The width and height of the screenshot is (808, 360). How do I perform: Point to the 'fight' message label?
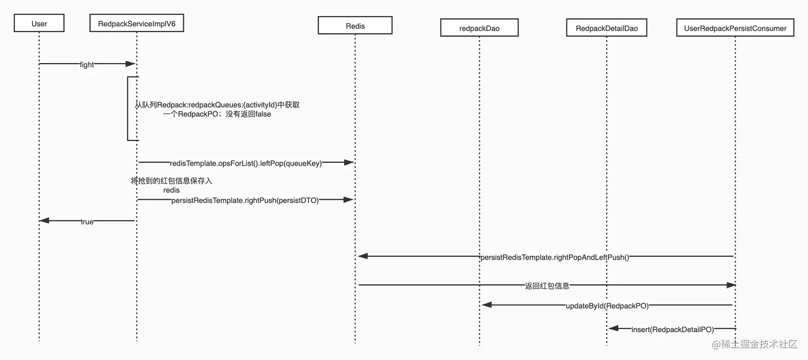tap(87, 65)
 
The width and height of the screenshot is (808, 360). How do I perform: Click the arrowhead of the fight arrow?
tap(130, 64)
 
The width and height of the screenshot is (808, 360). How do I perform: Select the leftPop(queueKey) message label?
tap(246, 163)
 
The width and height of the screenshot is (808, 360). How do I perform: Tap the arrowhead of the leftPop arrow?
tap(349, 162)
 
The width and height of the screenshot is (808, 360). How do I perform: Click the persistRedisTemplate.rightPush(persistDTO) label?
tap(245, 200)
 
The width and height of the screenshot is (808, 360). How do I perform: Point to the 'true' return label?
tap(87, 222)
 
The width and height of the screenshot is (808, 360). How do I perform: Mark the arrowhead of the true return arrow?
tap(44, 220)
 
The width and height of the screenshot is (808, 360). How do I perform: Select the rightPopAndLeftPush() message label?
tap(555, 257)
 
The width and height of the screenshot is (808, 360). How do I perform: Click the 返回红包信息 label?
tap(547, 286)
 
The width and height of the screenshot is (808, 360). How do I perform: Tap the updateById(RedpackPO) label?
tap(607, 306)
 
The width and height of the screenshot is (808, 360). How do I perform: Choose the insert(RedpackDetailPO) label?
tap(672, 330)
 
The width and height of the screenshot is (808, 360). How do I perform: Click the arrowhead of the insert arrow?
tap(614, 328)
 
